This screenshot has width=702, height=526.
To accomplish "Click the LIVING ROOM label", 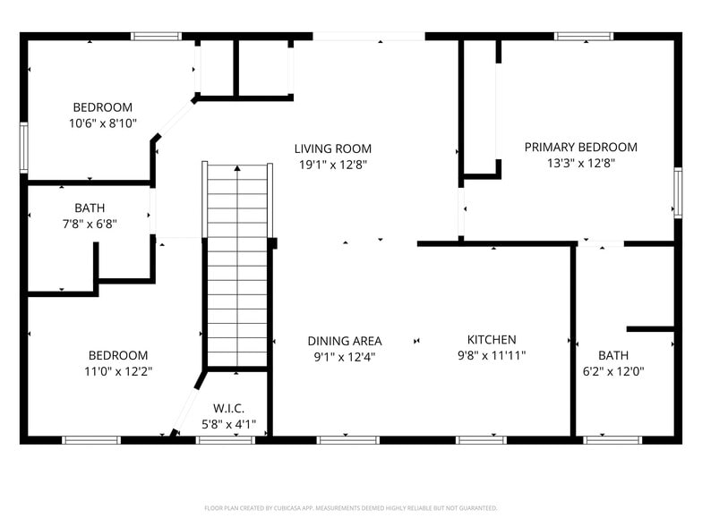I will (333, 148).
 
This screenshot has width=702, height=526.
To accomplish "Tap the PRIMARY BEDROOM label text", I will (580, 147).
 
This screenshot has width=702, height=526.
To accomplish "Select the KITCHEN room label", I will (492, 339).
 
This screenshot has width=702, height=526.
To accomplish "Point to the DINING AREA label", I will (344, 341).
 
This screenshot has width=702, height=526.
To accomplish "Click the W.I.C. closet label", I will (228, 408).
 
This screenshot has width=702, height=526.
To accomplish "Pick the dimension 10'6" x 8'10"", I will (103, 123).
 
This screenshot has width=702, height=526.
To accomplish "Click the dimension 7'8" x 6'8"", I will (90, 224).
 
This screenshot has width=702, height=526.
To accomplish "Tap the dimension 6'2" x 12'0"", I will (613, 371).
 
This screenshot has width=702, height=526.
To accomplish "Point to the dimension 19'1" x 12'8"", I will (333, 165).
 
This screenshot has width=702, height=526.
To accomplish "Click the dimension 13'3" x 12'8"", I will (580, 163).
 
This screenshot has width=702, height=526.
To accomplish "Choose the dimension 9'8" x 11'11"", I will (492, 355).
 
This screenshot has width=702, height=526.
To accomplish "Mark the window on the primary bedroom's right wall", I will (677, 193).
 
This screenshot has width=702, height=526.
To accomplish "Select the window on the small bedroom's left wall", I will (24, 147).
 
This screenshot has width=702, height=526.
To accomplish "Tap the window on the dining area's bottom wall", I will (348, 439).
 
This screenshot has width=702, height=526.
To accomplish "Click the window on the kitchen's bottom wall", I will (481, 439).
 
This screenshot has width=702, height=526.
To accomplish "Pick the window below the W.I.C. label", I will (226, 439).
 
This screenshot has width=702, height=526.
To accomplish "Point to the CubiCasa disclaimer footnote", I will (350, 508).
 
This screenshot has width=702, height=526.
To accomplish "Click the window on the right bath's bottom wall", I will (612, 439).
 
